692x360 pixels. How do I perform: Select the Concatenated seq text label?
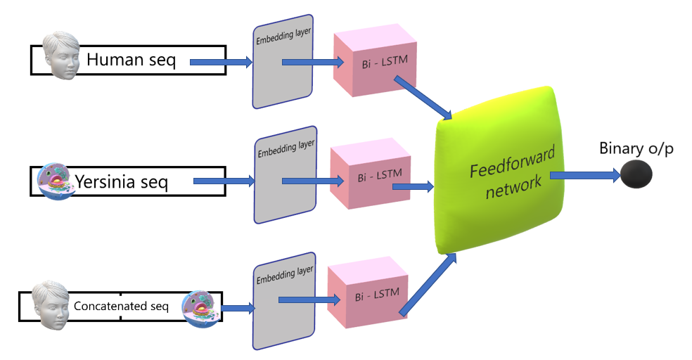tap(122, 306)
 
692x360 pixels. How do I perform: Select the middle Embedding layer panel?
tap(285, 175)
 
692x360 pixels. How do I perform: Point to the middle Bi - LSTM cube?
tap(370, 176)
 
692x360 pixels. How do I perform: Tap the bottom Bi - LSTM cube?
tap(367, 295)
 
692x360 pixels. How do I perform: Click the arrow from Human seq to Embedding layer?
tap(221, 63)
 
